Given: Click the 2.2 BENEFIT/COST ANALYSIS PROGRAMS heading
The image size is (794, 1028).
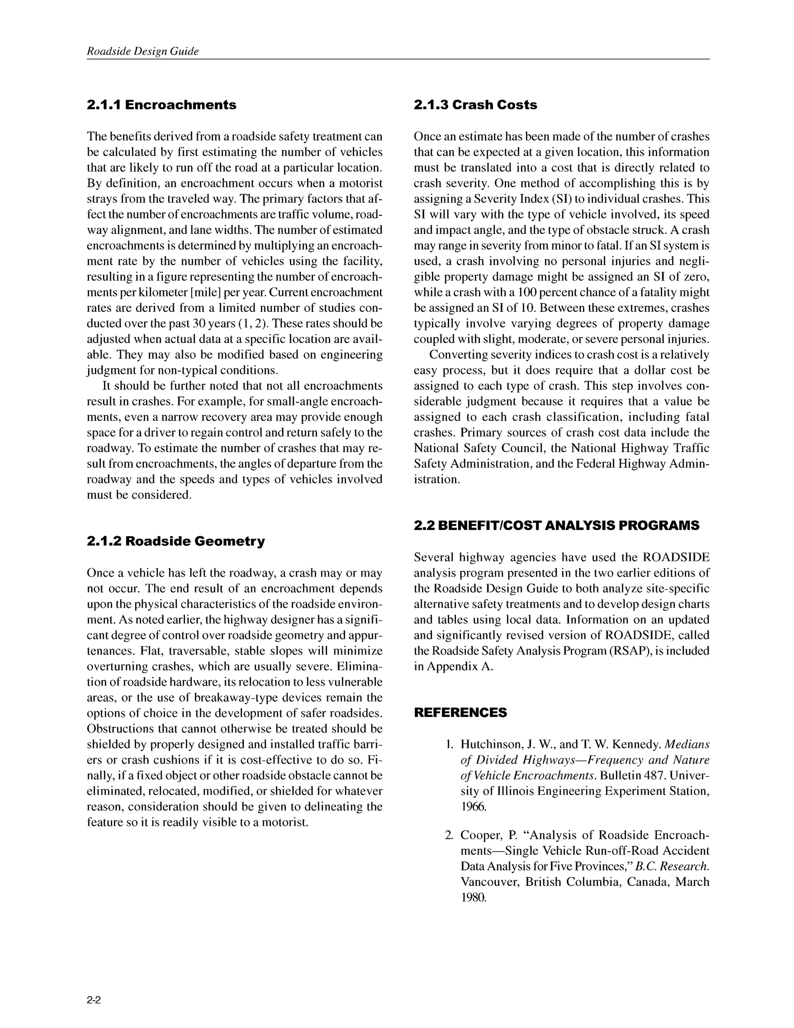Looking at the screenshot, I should pos(556,525).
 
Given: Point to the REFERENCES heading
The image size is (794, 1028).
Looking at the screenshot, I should pos(460,712).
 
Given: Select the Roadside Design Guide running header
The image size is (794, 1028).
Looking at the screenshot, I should pos(143,51).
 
